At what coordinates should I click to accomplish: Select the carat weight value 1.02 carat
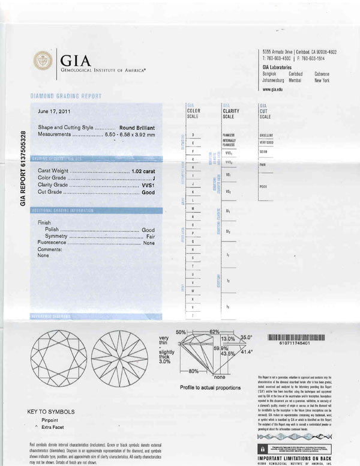143,171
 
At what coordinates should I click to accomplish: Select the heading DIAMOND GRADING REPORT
65,96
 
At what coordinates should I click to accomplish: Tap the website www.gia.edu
273,89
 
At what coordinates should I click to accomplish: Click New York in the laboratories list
323,80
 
